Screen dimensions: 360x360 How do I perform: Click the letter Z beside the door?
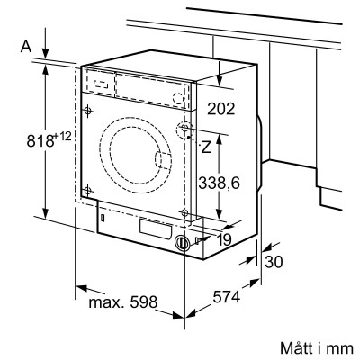(x=206, y=145)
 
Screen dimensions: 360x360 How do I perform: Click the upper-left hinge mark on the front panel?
(x=86, y=112)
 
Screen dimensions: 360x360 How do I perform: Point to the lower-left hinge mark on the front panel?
(x=87, y=190)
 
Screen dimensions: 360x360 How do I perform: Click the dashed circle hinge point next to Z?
(x=185, y=129)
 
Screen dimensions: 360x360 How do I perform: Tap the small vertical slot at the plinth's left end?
(x=103, y=217)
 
